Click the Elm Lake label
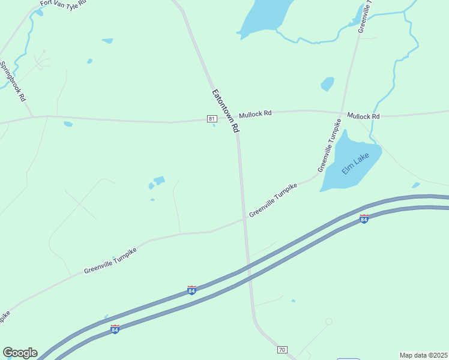click(x=354, y=163)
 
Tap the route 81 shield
click(x=212, y=119)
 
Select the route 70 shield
click(x=283, y=349)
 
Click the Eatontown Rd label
click(x=225, y=111)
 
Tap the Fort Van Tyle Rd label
click(x=63, y=3)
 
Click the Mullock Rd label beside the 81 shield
click(x=255, y=113)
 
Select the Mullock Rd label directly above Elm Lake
click(x=363, y=116)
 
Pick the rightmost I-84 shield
click(x=364, y=219)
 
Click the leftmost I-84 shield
click(x=115, y=329)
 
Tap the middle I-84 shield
click(x=191, y=290)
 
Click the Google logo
click(x=20, y=353)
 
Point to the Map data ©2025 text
click(x=423, y=355)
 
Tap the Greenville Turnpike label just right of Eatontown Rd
click(x=273, y=200)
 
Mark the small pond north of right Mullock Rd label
click(x=327, y=83)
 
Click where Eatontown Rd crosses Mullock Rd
click(x=235, y=119)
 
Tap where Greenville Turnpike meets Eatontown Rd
click(x=244, y=219)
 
